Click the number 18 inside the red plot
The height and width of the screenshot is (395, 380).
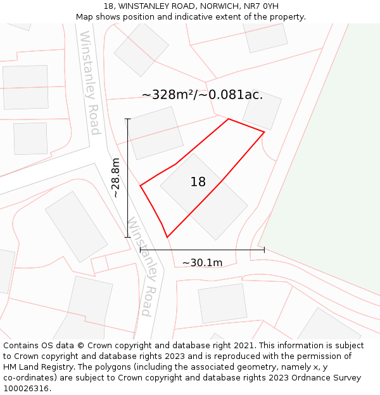[x=198, y=182]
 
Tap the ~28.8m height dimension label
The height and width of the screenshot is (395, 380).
[x=116, y=178]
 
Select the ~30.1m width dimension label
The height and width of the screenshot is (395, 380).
[x=202, y=263]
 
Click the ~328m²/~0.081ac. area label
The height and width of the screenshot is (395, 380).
[x=202, y=95]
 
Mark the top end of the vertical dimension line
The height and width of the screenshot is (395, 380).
[x=128, y=119]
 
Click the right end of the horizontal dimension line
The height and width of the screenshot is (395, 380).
[x=264, y=250]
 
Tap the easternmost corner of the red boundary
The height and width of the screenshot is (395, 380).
[x=264, y=132]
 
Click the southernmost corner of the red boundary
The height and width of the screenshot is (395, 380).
[x=167, y=237]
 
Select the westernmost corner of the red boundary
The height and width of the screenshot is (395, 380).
[x=140, y=186]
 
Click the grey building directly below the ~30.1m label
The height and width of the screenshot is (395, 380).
[x=222, y=303]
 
